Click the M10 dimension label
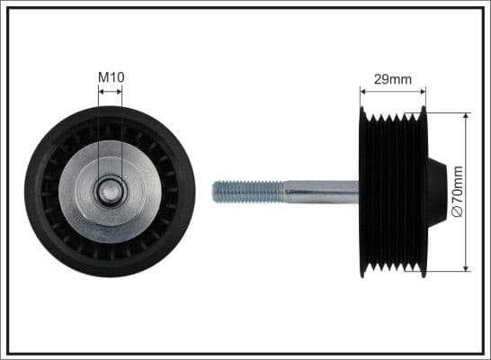pyautogui.click(x=111, y=78)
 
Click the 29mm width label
pyautogui.click(x=392, y=79)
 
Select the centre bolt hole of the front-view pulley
pyautogui.click(x=111, y=191)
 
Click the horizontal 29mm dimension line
pyautogui.click(x=392, y=90)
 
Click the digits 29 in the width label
pyautogui.click(x=382, y=79)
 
